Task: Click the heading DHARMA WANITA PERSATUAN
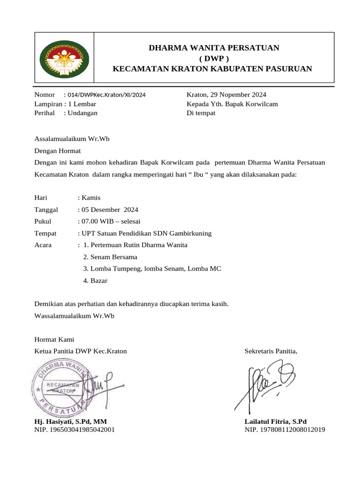(x=214, y=48)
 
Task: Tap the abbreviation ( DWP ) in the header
(x=214, y=59)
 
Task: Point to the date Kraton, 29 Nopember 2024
(x=226, y=95)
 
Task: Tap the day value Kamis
(x=91, y=197)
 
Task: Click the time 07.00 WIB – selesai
(x=111, y=221)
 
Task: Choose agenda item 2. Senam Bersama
(x=110, y=257)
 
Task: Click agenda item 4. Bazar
(x=95, y=281)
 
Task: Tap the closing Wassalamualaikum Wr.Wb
(x=75, y=315)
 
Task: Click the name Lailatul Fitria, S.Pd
(x=276, y=421)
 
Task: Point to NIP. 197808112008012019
(x=285, y=429)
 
